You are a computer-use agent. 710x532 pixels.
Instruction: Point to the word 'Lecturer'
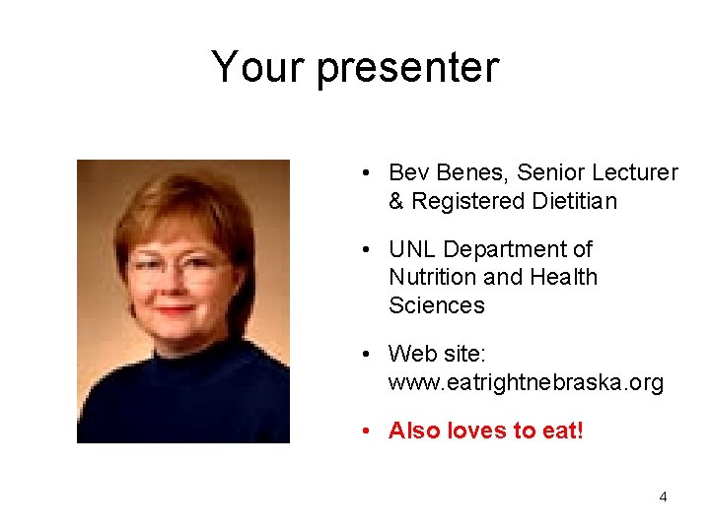(637, 173)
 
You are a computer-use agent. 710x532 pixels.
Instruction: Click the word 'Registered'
(462, 201)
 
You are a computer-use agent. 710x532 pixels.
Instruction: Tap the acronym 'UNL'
(414, 250)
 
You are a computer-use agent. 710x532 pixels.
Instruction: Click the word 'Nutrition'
(431, 278)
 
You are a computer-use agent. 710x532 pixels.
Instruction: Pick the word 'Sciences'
(437, 305)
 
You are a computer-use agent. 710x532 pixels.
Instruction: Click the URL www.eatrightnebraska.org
(526, 382)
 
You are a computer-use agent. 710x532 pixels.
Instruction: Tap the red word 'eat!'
(561, 431)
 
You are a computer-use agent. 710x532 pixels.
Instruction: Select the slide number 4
(663, 497)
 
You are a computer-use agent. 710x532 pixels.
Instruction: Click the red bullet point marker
(366, 431)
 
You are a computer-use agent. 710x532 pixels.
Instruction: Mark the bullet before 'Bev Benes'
(366, 173)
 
